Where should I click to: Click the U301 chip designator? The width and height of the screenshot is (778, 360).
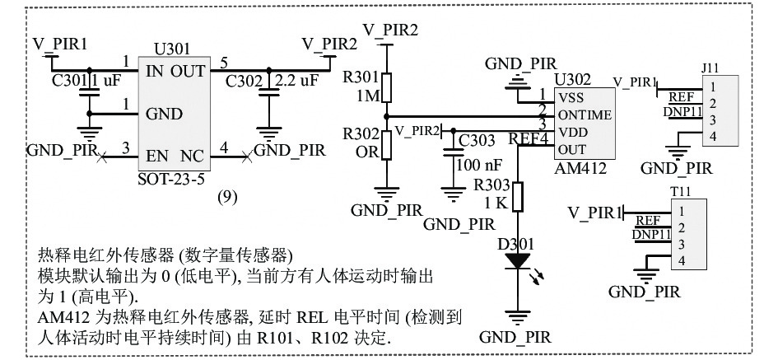click(171, 49)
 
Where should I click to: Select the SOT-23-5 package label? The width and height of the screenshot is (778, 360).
click(171, 178)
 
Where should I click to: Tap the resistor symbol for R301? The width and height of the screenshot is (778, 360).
click(386, 87)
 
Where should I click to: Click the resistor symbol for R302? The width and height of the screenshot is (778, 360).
click(386, 145)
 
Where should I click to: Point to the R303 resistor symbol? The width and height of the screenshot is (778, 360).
click(518, 197)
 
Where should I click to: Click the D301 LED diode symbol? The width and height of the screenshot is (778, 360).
click(518, 262)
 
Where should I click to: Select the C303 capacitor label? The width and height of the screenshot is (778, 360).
click(477, 141)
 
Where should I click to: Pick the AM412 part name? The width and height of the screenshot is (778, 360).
click(580, 168)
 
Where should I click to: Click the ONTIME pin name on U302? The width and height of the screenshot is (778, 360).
click(585, 115)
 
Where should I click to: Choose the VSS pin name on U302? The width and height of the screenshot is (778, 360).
click(571, 97)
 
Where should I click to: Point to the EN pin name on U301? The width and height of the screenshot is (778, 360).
click(156, 156)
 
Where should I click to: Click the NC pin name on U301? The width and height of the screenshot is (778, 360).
click(192, 156)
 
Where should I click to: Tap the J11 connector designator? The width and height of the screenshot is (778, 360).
click(710, 68)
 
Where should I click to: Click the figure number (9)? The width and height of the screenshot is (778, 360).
click(228, 197)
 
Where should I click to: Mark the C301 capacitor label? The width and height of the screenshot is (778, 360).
click(69, 80)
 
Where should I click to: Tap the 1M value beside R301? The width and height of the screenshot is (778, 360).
click(368, 96)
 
